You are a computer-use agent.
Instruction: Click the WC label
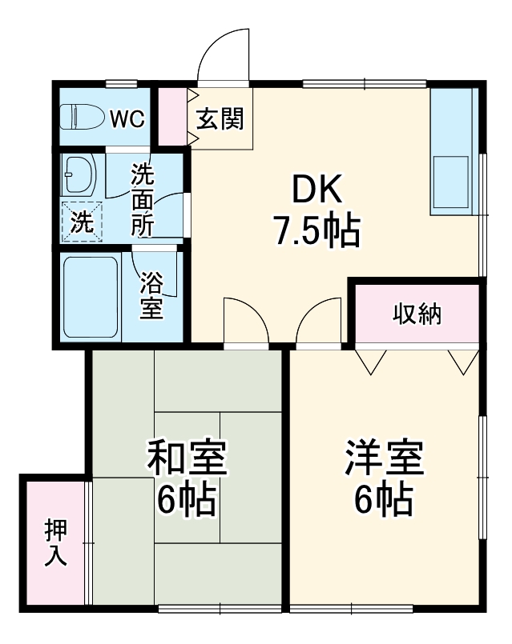[x=127, y=119]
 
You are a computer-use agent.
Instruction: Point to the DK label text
[x=316, y=190]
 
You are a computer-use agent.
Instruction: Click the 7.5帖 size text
[x=316, y=231]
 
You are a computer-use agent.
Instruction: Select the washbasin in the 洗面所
[x=79, y=173]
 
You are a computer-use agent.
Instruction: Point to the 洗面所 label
[x=143, y=199]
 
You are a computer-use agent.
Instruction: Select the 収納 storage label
[x=417, y=314]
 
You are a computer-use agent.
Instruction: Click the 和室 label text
[x=186, y=458]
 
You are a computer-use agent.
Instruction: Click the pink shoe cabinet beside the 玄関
[x=171, y=116]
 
